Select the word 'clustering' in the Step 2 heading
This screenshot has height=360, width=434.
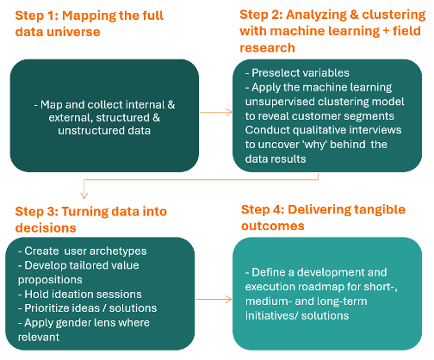coord(394,15)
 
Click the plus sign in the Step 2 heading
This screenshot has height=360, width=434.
coord(385,31)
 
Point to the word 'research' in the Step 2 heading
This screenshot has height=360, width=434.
coord(267,48)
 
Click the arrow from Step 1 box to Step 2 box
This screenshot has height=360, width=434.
coord(216,112)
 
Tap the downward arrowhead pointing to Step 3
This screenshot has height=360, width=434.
coord(84,195)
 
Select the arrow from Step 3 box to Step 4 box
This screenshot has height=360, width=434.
coord(214,300)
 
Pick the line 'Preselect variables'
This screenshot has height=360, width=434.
coord(297,73)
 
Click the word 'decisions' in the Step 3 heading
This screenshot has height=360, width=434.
coord(46,228)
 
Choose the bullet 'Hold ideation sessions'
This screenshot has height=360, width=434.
coord(80,295)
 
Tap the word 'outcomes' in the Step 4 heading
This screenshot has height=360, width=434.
coord(273,226)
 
